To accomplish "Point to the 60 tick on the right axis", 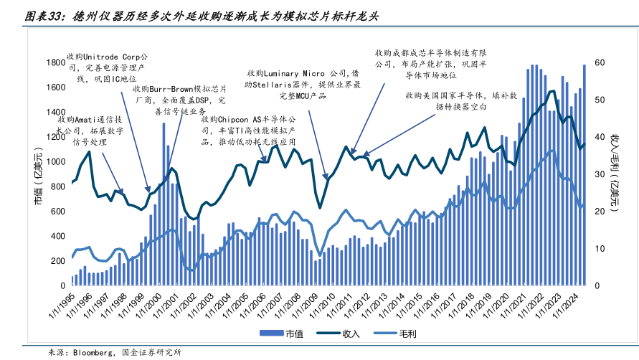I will point(599,62).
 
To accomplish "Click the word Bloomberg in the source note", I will point(90,353).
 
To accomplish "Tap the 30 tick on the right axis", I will point(599,174).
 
